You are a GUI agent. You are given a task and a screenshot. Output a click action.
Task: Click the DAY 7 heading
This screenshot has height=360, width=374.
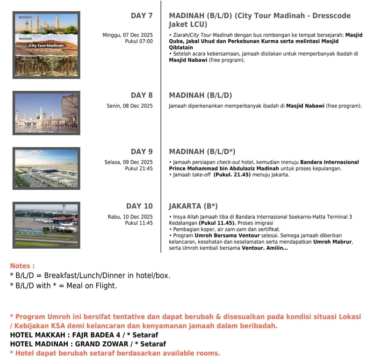point(141,16)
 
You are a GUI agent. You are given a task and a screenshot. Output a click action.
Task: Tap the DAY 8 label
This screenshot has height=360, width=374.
point(141,95)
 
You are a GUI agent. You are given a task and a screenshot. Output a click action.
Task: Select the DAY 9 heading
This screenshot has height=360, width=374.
point(141,151)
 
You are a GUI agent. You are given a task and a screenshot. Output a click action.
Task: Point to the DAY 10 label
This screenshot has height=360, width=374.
point(139,206)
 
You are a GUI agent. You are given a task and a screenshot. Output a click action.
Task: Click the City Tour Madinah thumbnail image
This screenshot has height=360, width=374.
point(46,45)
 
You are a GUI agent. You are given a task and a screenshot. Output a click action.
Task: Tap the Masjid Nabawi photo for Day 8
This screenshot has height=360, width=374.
point(46,113)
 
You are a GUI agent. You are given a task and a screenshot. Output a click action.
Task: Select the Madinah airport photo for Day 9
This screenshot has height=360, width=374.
point(46,168)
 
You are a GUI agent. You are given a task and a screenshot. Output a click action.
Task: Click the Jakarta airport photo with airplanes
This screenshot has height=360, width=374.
point(46,225)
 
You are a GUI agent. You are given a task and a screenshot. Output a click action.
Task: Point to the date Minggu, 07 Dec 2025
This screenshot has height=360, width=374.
point(128,35)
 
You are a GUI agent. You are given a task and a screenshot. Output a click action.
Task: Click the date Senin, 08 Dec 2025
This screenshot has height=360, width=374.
point(129,106)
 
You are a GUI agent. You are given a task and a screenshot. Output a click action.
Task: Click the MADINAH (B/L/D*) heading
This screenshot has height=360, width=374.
point(202,151)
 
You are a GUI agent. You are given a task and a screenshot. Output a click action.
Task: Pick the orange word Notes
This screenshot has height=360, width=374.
point(22,266)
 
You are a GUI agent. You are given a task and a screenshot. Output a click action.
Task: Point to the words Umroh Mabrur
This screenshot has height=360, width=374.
point(332,242)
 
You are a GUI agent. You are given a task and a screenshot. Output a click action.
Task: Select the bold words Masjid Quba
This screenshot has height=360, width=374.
point(353,35)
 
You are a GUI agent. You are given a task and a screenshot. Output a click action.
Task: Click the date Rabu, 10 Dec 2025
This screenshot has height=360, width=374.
point(130,217)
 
